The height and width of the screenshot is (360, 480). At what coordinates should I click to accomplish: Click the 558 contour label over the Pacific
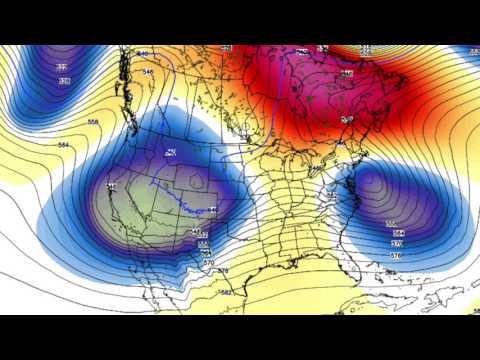click(x=93, y=122)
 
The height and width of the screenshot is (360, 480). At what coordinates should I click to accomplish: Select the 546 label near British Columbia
click(x=148, y=72)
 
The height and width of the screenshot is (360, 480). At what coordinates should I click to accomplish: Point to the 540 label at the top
click(x=143, y=53)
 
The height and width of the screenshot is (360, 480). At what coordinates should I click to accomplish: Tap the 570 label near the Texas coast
click(x=208, y=254)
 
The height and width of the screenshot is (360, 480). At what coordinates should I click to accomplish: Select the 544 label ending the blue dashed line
click(x=212, y=209)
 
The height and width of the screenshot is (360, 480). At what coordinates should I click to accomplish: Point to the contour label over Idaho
click(x=171, y=152)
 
